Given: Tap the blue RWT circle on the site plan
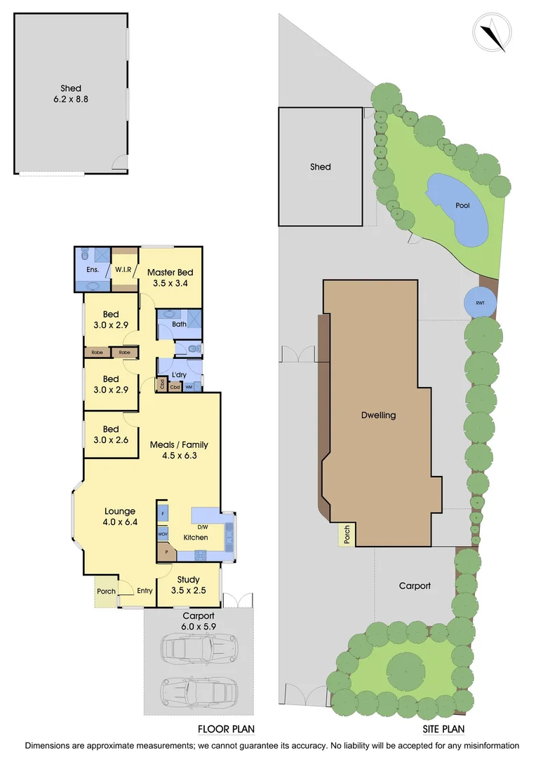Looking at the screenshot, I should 481,302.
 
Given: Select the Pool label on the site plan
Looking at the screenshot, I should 462,206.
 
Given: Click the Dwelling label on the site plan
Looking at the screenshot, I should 379,415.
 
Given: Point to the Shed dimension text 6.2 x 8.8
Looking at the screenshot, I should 70,99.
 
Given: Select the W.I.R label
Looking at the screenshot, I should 125,268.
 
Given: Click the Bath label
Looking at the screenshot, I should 178,324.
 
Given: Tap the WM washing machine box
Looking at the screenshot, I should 189,386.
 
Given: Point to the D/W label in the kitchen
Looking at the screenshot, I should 203,526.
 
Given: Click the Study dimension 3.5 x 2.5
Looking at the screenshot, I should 188,591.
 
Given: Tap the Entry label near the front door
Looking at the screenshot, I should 145,591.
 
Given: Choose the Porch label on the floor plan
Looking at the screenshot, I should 106,592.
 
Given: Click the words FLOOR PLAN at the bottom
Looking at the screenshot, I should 226,728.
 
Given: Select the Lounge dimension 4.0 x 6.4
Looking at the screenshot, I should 120,522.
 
